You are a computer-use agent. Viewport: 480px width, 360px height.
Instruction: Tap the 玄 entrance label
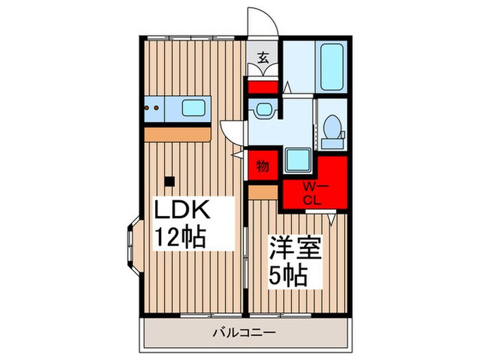click(263, 58)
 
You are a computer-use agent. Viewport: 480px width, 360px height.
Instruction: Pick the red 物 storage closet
click(263, 167)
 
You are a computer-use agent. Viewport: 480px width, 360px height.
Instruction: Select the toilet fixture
click(333, 130)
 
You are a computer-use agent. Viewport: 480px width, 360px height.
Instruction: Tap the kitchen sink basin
click(195, 108)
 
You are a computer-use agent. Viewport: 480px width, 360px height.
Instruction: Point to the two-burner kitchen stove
click(154, 108)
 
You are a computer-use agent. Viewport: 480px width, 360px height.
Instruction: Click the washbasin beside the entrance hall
click(262, 110)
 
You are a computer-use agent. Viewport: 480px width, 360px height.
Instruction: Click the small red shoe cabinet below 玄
click(263, 87)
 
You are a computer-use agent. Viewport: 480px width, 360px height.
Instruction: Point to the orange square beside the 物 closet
click(262, 193)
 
